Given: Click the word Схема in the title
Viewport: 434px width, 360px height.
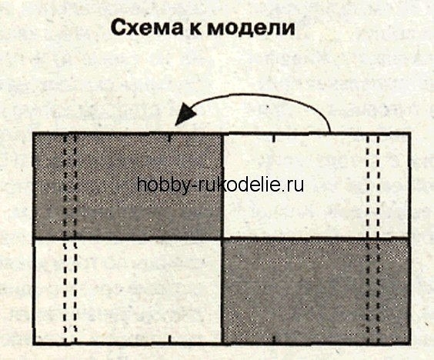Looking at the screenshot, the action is click(147, 28).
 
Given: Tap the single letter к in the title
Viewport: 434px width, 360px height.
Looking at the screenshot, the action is click(196, 29).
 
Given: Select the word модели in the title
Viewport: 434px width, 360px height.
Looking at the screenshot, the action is click(251, 28).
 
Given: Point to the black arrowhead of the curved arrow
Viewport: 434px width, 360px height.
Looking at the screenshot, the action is click(185, 114).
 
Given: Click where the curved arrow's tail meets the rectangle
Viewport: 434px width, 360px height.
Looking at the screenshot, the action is click(330, 132).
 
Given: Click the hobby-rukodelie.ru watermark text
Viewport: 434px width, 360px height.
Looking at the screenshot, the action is click(220, 185).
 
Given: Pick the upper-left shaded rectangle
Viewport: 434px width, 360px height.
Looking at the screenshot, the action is click(128, 186).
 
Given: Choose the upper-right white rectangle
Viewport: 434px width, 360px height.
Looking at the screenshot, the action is click(315, 186).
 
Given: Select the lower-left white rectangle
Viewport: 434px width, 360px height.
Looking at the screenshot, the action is click(128, 291).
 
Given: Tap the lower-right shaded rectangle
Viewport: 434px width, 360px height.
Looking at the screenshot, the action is click(315, 291).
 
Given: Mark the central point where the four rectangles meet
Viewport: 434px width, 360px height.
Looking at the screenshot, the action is click(222, 238).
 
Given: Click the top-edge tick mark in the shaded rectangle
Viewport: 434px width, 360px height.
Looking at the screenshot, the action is click(169, 138).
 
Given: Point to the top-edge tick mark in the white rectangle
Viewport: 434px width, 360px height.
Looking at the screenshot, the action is click(274, 138).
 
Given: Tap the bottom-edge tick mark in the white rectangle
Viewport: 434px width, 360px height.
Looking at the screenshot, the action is click(169, 339).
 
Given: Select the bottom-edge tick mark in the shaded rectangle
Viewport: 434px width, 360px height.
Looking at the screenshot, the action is click(274, 339).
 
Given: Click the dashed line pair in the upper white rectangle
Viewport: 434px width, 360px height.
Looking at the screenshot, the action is click(372, 186).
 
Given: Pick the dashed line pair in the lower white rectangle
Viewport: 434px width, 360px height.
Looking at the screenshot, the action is click(70, 291).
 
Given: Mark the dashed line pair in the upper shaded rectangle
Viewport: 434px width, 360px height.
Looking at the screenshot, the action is click(70, 186).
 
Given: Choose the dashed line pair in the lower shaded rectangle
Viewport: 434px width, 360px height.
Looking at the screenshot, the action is click(372, 291).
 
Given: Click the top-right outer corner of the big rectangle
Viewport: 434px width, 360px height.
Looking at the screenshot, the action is click(409, 133).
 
